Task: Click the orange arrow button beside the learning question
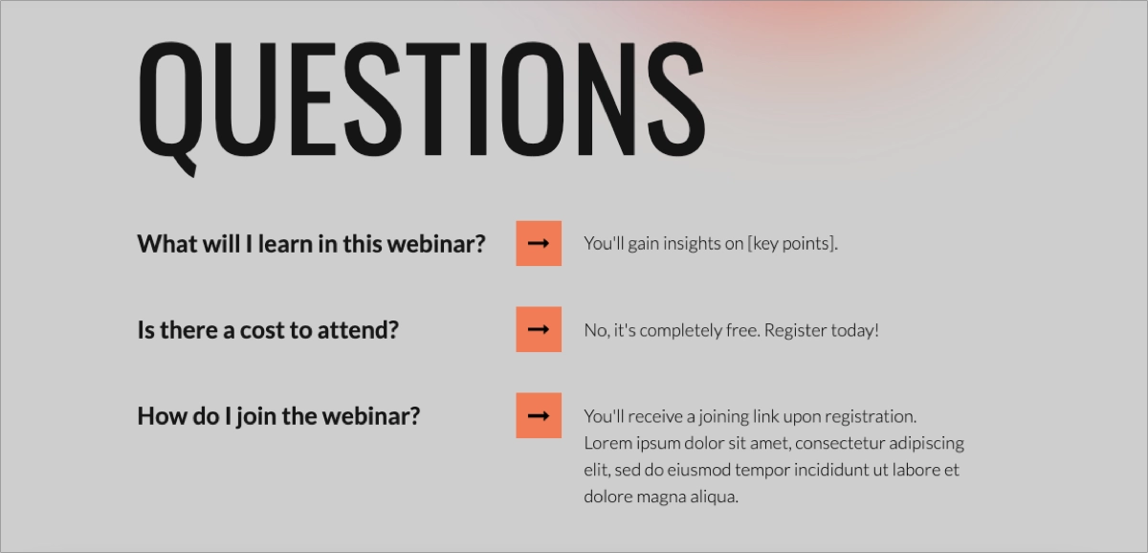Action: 539,243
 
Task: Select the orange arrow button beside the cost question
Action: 539,329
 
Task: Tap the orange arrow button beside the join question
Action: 539,415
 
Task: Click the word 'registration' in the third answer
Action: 870,416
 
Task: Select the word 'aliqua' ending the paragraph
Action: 712,497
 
